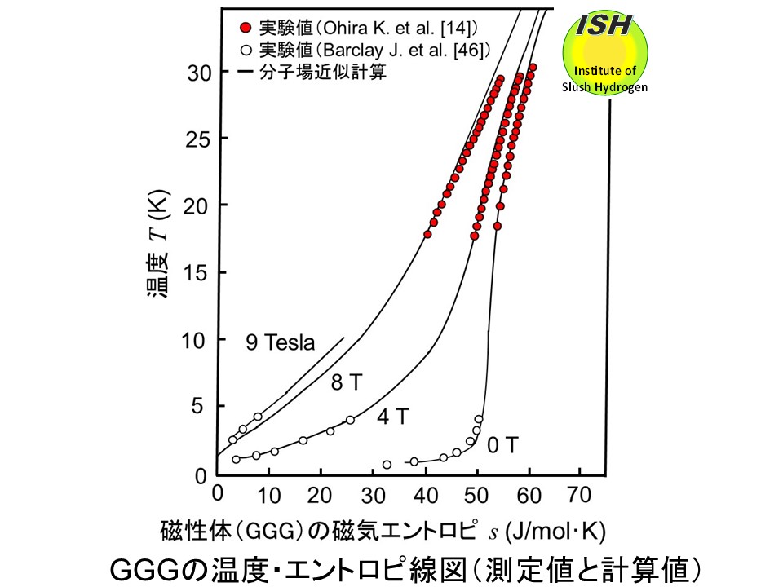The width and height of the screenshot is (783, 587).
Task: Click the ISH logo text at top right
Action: [604, 26]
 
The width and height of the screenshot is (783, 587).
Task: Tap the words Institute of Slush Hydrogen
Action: [605, 79]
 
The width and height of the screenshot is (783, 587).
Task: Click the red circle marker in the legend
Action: [246, 28]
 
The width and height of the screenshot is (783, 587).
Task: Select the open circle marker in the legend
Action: [246, 49]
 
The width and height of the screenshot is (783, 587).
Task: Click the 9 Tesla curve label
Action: [280, 343]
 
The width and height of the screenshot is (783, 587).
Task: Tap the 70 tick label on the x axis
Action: [580, 493]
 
